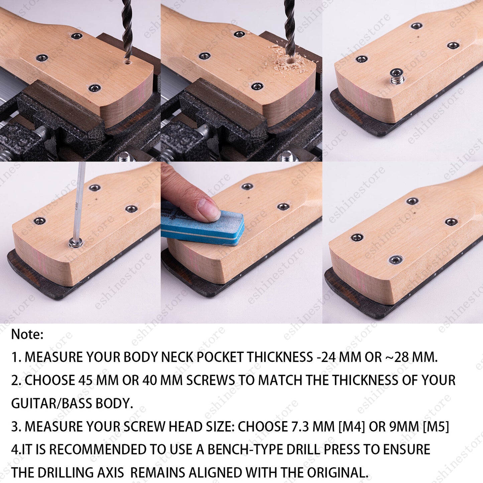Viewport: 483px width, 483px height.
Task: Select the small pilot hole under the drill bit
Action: (128, 62)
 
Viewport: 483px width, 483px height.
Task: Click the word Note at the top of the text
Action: (27, 334)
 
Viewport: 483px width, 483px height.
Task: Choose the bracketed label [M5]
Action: (436, 427)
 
